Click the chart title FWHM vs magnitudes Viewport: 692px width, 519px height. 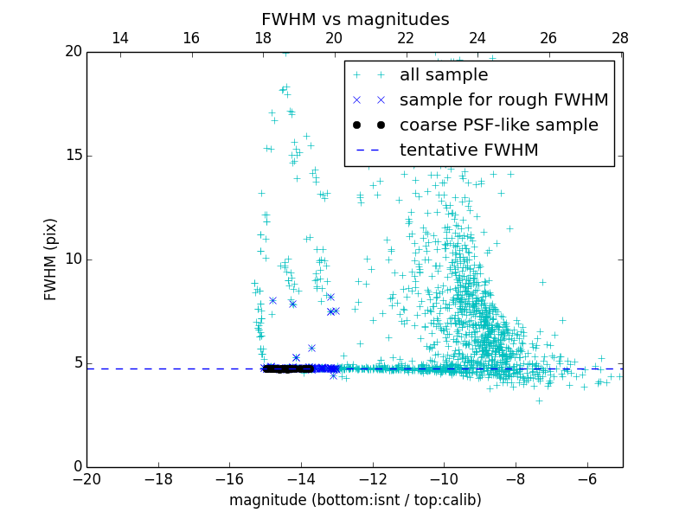click(x=355, y=19)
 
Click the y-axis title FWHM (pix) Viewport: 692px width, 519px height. click(x=51, y=259)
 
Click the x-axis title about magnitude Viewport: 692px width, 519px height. click(x=355, y=500)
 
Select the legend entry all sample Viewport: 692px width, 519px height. click(x=444, y=75)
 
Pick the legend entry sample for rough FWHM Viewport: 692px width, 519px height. click(x=503, y=100)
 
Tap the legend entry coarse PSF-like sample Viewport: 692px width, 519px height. click(x=498, y=125)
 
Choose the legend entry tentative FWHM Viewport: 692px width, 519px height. click(x=469, y=151)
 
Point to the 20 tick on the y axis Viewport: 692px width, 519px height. click(x=73, y=52)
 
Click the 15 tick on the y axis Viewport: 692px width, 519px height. click(x=73, y=156)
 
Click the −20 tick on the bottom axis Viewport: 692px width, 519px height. click(x=86, y=478)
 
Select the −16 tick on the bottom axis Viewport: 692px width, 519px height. click(x=229, y=478)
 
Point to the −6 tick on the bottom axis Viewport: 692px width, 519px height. click(x=586, y=478)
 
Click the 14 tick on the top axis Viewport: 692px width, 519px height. click(x=120, y=38)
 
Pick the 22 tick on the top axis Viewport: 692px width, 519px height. click(x=406, y=38)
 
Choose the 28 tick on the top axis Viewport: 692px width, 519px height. click(x=620, y=38)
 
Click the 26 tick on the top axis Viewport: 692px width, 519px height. click(x=548, y=38)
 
